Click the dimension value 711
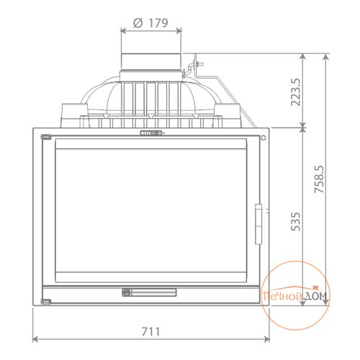[x=150, y=332]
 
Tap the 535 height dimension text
[x=296, y=222]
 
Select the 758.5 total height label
[x=320, y=179]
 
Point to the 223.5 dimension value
[x=296, y=92]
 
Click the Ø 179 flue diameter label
[x=150, y=23]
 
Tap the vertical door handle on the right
[x=258, y=224]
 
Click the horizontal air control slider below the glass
[x=149, y=292]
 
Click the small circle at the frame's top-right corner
[x=264, y=138]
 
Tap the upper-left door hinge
[x=46, y=137]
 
